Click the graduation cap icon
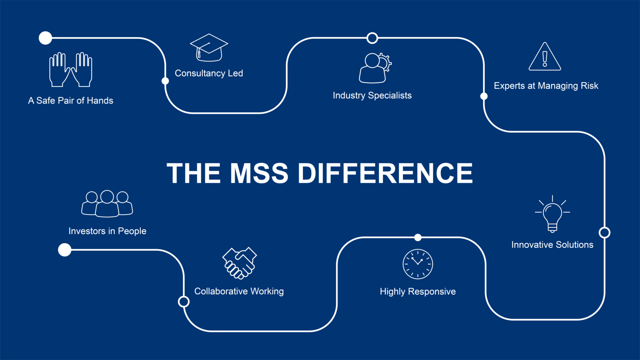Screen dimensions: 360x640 pos(209,47)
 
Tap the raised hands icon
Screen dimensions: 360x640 pos(70,70)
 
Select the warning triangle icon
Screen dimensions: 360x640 pos(545,57)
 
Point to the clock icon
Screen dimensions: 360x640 pos(418,264)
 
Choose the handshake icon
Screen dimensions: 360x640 pos(239,263)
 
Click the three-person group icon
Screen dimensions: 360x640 pos(107,203)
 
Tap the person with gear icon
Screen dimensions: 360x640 pos(374,68)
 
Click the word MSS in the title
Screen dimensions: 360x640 pos(259,173)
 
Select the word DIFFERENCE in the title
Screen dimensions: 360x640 pos(385,173)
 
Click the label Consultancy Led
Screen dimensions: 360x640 pos(209,73)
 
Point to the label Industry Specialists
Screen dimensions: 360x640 pos(372,96)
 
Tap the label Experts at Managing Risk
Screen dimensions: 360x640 pos(546,86)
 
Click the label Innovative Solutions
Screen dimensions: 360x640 pos(552,245)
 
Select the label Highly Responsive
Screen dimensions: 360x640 pos(418,292)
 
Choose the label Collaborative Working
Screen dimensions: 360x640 pos(239,291)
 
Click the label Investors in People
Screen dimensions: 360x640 pos(107,231)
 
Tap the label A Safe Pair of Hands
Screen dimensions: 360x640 pos(70,101)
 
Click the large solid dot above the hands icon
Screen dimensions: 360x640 pos(45,38)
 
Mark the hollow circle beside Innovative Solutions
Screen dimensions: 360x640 pos(605,232)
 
